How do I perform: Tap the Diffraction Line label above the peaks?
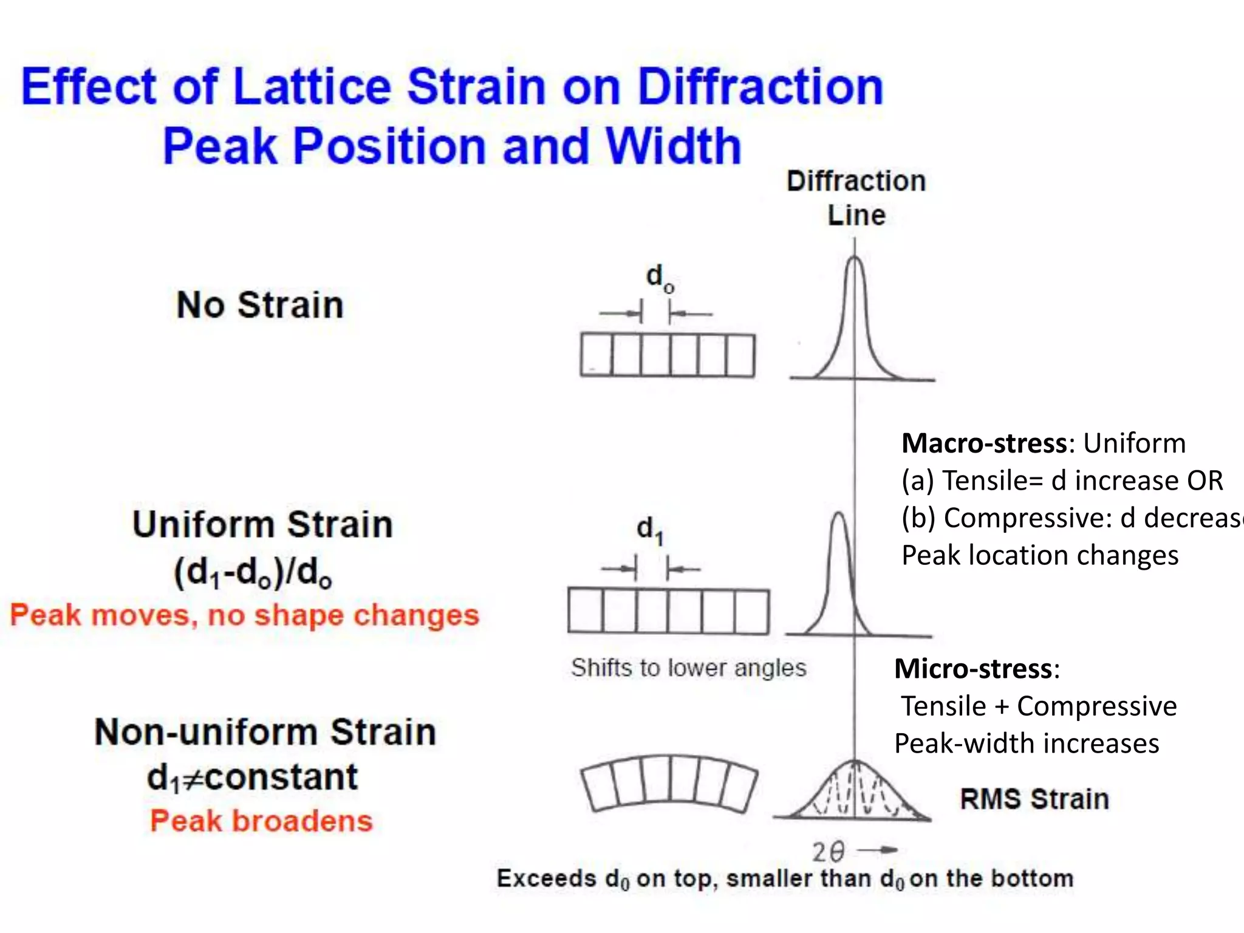point(856,198)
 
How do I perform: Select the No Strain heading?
point(260,305)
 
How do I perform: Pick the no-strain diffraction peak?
point(855,322)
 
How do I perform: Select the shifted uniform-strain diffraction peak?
point(839,577)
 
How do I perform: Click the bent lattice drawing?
point(669,782)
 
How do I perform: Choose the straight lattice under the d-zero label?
point(668,355)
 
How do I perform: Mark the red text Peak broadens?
point(261,821)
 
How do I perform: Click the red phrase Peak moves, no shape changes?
point(244,615)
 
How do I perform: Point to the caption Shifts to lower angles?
point(688,668)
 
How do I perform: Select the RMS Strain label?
point(1034,799)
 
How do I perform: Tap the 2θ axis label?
point(829,852)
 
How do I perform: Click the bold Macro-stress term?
point(984,443)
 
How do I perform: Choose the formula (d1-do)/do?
point(253,572)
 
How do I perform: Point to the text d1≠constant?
point(252,777)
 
